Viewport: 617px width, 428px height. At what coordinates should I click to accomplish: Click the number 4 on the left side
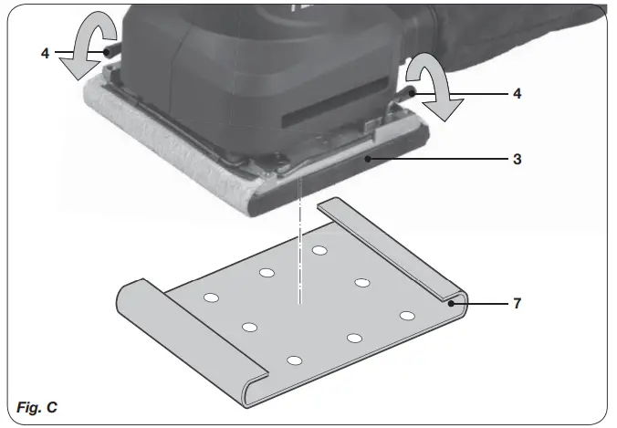[45, 53]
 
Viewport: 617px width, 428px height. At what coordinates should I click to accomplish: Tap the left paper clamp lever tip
[110, 53]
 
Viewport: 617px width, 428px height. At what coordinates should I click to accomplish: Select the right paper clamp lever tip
[414, 93]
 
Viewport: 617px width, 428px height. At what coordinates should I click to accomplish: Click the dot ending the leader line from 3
[366, 158]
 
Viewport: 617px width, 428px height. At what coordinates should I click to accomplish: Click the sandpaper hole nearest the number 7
[407, 316]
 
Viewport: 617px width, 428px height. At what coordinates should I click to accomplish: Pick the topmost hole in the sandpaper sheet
[319, 250]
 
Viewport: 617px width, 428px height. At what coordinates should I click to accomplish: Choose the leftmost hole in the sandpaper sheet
[210, 298]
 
